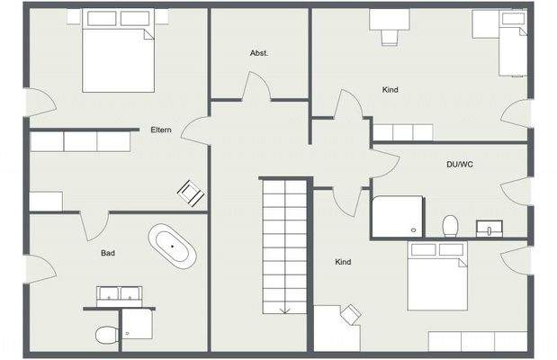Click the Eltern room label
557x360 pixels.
point(161,130)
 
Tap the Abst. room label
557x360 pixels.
point(259,53)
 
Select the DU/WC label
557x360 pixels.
point(459,165)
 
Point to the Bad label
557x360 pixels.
point(108,254)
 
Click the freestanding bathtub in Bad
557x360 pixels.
point(173,246)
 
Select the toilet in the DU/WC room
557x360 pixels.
point(451,224)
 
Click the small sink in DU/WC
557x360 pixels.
point(490,227)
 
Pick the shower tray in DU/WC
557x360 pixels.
point(397,217)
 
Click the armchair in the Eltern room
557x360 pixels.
point(191,191)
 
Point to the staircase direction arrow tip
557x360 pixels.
point(285,311)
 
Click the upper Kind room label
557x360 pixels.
point(390,90)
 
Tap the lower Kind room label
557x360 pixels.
point(343,262)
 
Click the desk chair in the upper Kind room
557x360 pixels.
point(390,35)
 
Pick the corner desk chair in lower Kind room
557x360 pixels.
point(350,313)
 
